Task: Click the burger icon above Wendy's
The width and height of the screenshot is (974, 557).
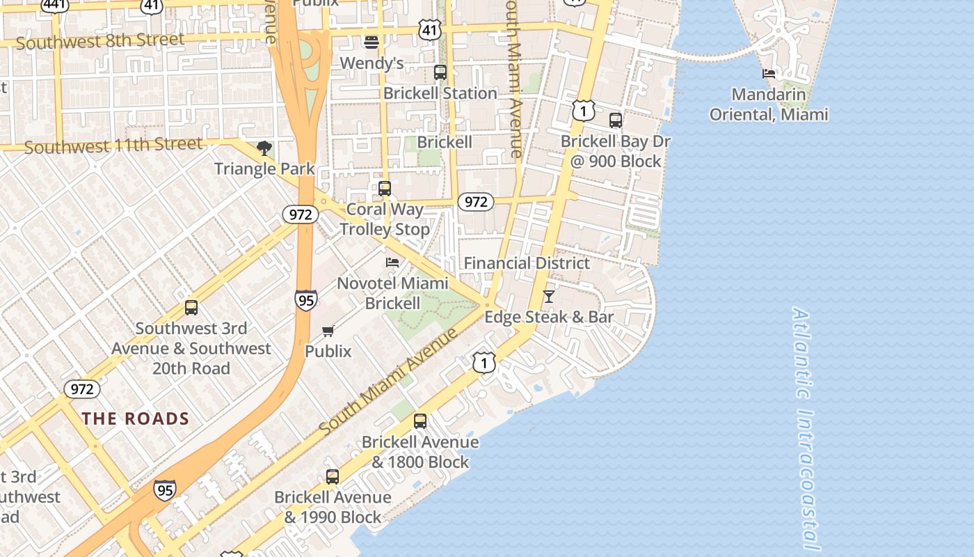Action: (372, 42)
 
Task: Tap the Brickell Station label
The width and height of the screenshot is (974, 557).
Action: (440, 93)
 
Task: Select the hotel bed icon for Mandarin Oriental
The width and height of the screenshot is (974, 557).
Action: (769, 73)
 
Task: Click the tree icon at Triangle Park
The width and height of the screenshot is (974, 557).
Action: (264, 148)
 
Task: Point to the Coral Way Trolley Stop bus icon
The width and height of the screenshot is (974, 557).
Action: (385, 188)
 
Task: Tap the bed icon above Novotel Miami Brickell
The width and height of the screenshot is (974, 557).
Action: (392, 262)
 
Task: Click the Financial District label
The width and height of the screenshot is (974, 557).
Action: (527, 263)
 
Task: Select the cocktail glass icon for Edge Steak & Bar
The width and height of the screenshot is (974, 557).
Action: (549, 297)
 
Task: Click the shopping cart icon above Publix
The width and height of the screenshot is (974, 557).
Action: (328, 331)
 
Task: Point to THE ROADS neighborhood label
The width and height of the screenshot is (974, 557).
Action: (136, 418)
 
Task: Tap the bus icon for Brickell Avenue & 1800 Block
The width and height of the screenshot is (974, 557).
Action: (420, 421)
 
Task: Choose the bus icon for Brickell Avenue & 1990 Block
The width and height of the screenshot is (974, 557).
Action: (333, 476)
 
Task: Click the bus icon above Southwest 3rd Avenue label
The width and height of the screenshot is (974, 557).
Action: (191, 307)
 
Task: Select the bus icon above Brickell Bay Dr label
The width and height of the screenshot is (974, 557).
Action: (616, 120)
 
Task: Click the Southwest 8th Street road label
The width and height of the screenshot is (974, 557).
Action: (100, 41)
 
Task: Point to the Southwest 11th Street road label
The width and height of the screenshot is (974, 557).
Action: (113, 146)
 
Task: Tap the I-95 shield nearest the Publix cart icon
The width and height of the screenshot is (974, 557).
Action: (305, 300)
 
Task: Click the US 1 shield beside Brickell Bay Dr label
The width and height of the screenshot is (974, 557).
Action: (584, 110)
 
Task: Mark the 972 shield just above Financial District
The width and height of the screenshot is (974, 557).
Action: (476, 202)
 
